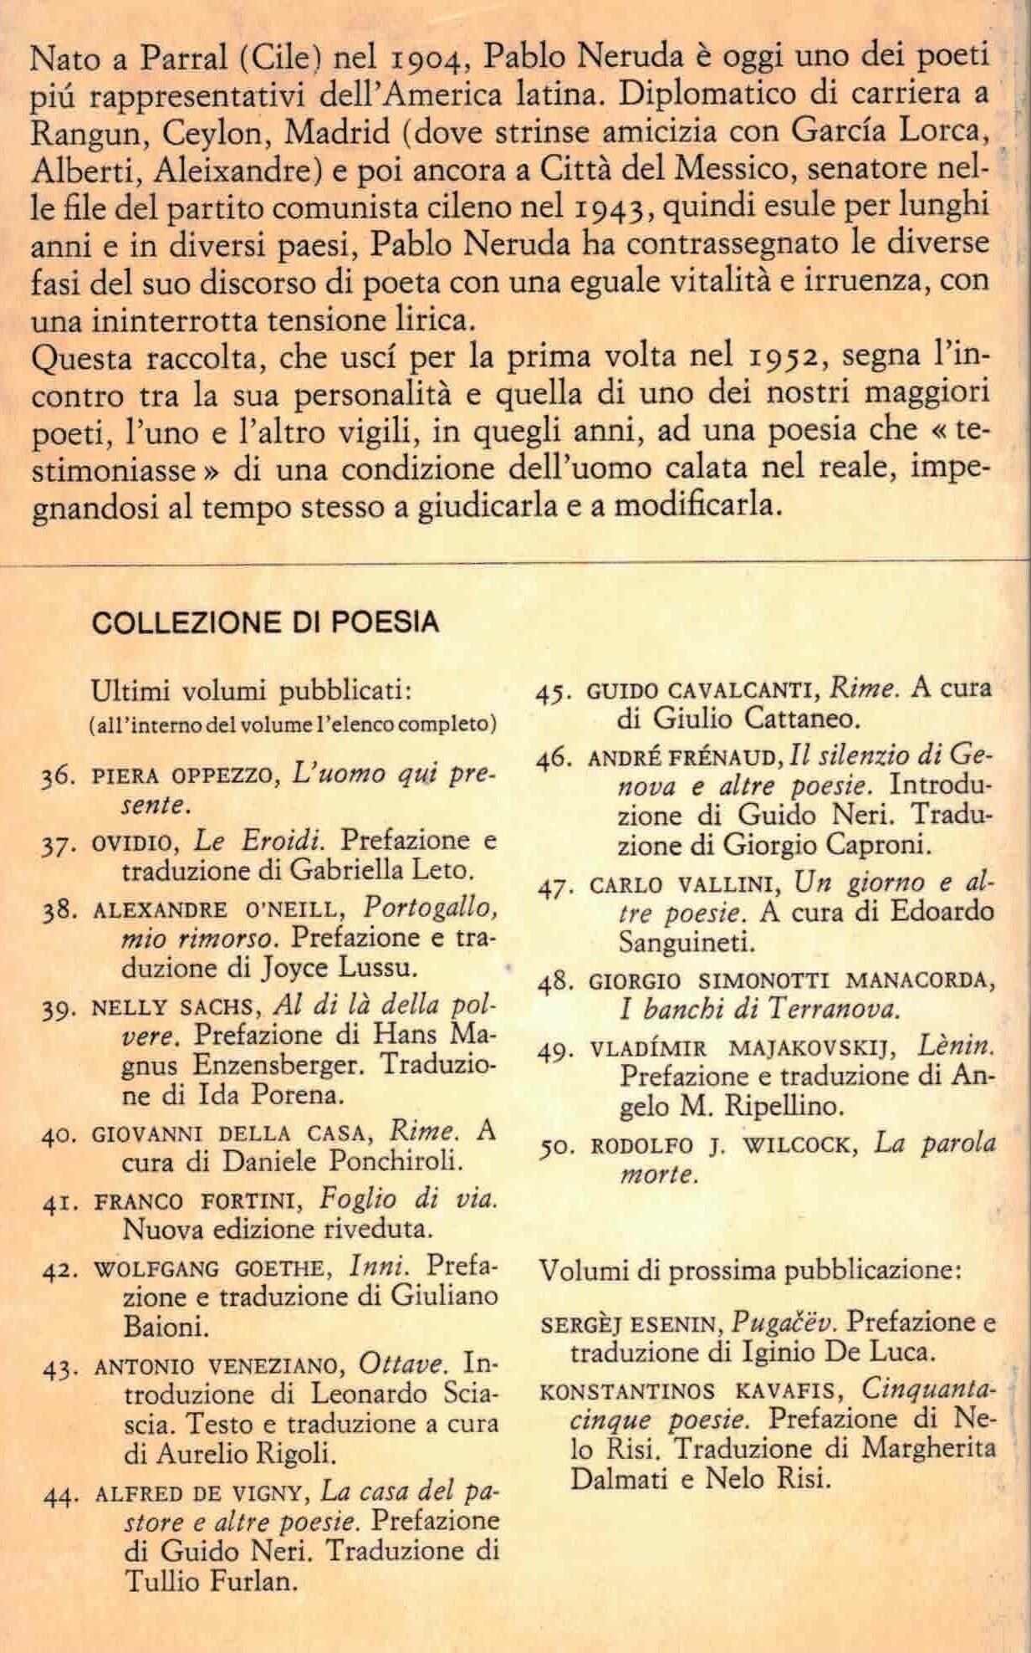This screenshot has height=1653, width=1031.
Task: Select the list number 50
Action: click(x=556, y=1147)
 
